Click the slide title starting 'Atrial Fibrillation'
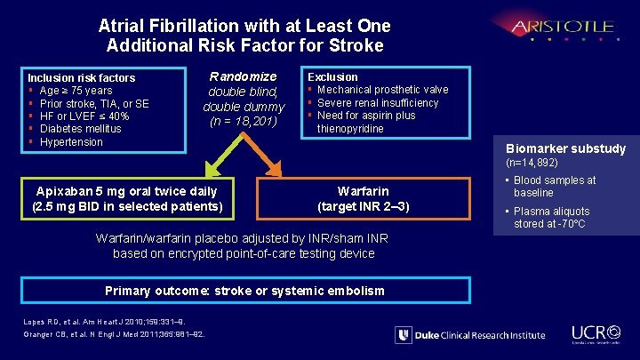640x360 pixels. (x=244, y=36)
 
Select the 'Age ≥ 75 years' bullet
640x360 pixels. (x=76, y=91)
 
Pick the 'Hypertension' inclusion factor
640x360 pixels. (x=71, y=142)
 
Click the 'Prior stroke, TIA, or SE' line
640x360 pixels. (x=94, y=103)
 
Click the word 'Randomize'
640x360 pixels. (x=243, y=76)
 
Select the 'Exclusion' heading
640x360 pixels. (x=332, y=77)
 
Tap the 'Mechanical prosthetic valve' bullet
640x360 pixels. (x=382, y=90)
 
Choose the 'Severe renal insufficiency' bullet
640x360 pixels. (x=378, y=103)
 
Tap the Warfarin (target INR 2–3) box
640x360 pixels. (x=363, y=199)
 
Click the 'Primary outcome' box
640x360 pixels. (x=244, y=291)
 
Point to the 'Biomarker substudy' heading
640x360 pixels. (x=565, y=148)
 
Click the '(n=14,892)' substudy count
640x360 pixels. (x=532, y=163)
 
